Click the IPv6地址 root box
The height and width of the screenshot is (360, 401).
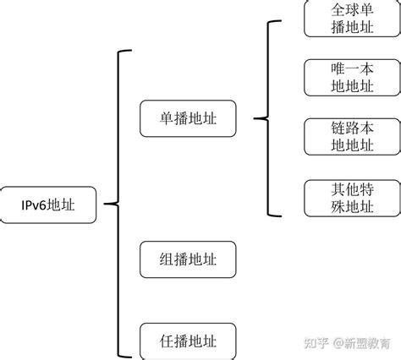pyautogui.click(x=50, y=205)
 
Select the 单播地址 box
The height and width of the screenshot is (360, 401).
pyautogui.click(x=188, y=118)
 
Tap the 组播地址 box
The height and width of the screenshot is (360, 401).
pyautogui.click(x=188, y=259)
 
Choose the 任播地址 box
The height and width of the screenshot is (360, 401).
pyautogui.click(x=188, y=341)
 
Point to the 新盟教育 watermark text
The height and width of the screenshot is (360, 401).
pyautogui.click(x=368, y=342)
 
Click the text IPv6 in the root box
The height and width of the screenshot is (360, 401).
pyautogui.click(x=36, y=205)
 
